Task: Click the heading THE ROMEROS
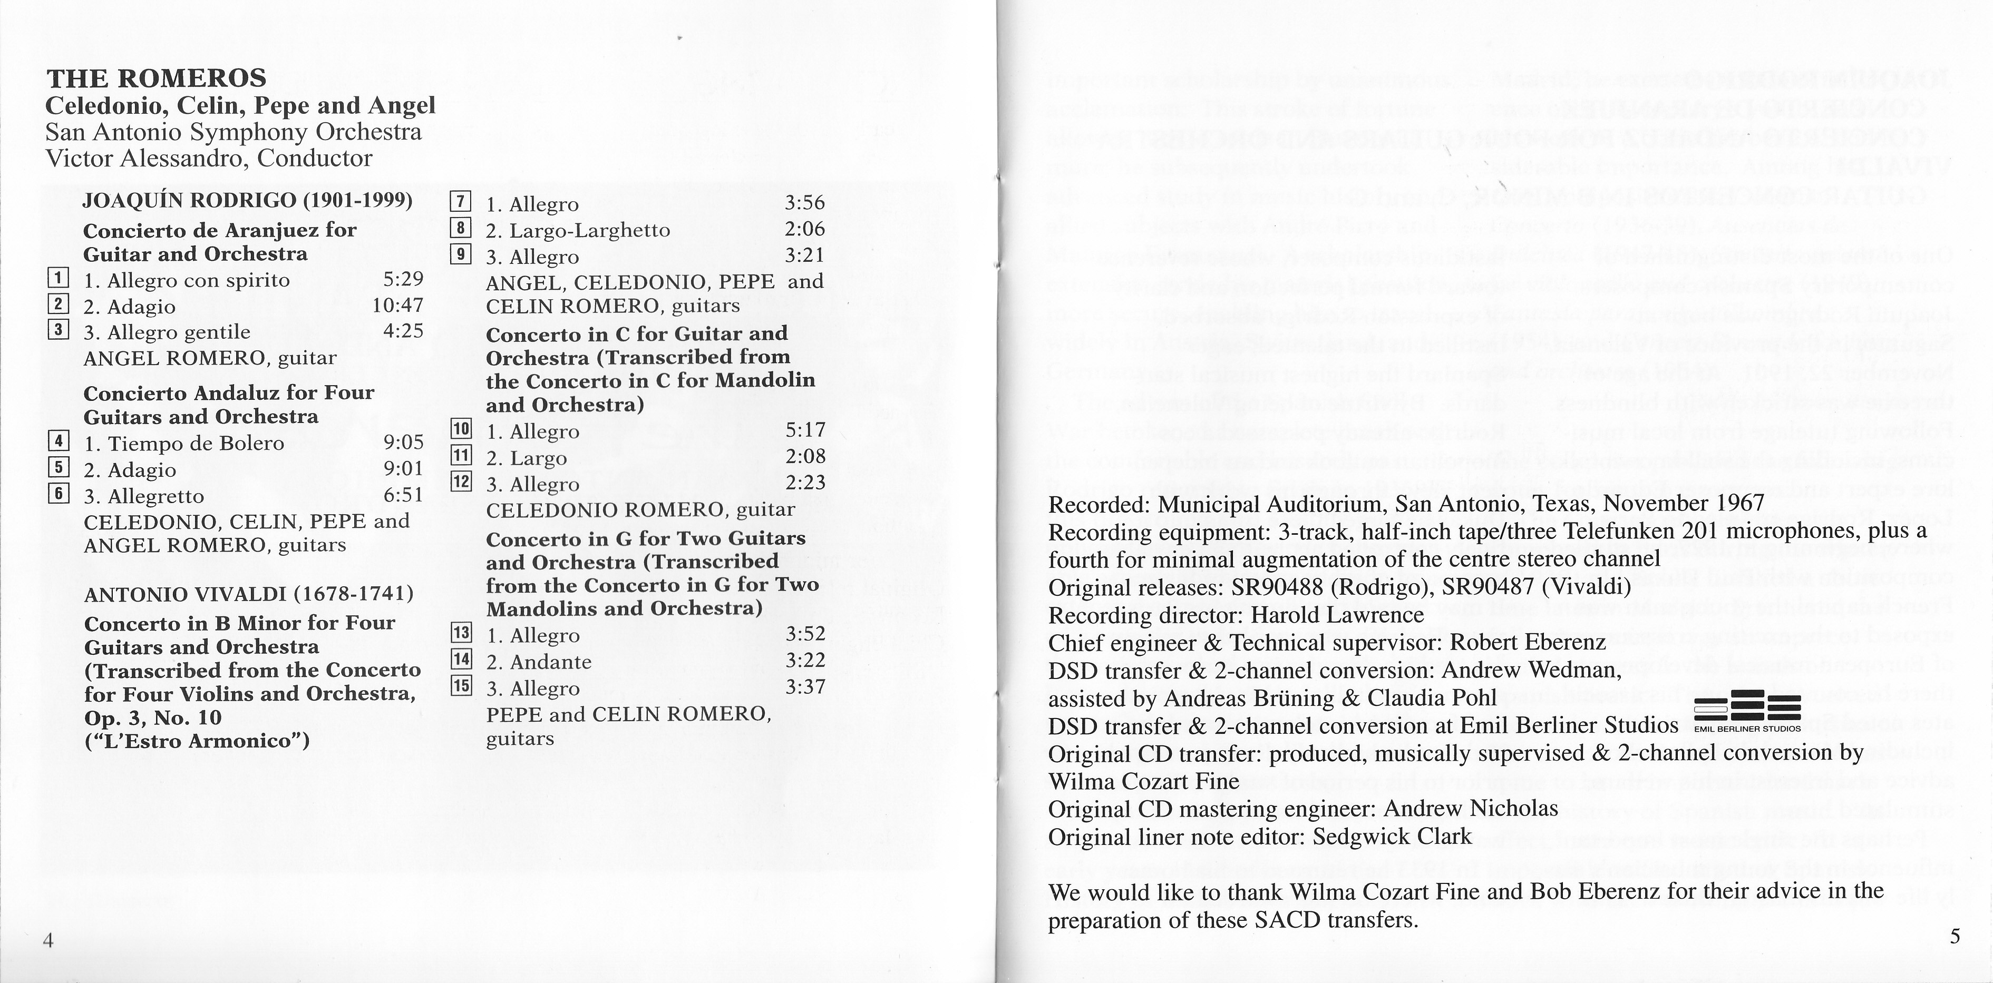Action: click(x=156, y=78)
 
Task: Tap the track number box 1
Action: click(x=58, y=279)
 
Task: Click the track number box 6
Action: click(x=58, y=494)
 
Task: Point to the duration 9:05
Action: click(x=403, y=443)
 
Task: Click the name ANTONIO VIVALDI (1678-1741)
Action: click(x=248, y=594)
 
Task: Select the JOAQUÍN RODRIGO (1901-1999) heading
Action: click(x=248, y=200)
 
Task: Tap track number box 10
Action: click(x=461, y=428)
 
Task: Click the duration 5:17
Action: click(x=805, y=429)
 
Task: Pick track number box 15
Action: click(x=461, y=685)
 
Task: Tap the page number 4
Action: click(x=48, y=940)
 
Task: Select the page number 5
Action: click(x=1955, y=937)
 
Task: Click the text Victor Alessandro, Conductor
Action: click(x=209, y=159)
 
